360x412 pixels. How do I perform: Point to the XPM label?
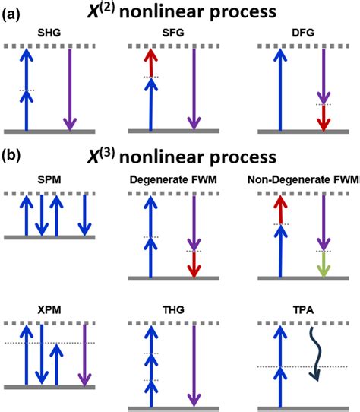click(x=49, y=311)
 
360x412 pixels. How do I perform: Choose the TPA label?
click(x=302, y=311)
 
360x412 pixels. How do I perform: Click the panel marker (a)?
click(x=11, y=13)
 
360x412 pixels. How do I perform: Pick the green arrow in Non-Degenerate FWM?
click(x=323, y=264)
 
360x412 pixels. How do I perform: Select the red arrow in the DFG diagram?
click(x=324, y=118)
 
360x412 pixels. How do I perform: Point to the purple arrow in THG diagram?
click(x=195, y=363)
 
